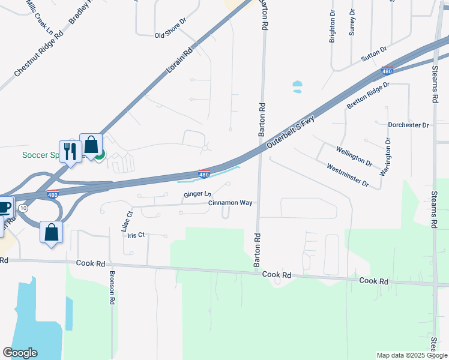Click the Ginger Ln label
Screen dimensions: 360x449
click(197, 194)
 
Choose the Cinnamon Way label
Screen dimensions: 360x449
click(230, 203)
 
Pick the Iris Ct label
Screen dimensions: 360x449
click(136, 235)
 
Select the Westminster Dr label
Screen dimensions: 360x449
click(347, 175)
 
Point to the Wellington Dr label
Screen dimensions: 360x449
click(354, 156)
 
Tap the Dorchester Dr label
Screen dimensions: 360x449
click(408, 125)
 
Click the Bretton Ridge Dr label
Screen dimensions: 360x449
click(369, 96)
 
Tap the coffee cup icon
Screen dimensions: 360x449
click(4, 208)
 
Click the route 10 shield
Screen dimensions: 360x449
click(23, 208)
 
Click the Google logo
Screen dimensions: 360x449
click(20, 353)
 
